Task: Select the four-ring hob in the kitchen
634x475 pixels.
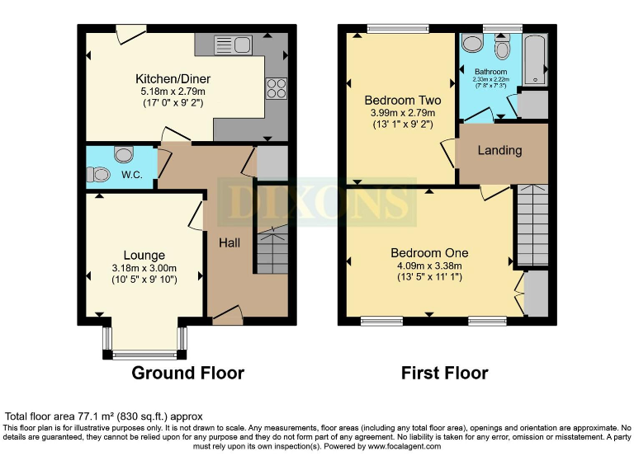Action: click(x=276, y=87)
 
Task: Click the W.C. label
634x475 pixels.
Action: click(x=133, y=175)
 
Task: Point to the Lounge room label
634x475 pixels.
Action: click(x=144, y=256)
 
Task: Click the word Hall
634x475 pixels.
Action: click(x=229, y=243)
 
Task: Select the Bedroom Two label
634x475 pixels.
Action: click(x=403, y=101)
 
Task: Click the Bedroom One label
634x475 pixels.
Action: click(x=429, y=253)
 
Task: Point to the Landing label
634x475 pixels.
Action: click(x=499, y=150)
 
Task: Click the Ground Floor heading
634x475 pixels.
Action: click(x=188, y=373)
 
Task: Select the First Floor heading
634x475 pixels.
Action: click(x=444, y=373)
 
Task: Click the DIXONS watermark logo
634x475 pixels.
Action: click(x=316, y=201)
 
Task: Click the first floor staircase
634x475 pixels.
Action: click(x=532, y=225)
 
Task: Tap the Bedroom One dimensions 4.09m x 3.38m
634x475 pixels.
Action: click(x=429, y=266)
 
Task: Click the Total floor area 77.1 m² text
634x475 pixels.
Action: click(x=104, y=416)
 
